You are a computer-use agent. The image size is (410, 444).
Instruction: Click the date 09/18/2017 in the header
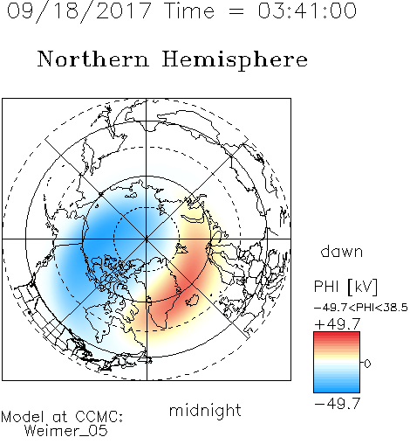[79, 11]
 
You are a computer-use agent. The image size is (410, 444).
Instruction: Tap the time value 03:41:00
[307, 10]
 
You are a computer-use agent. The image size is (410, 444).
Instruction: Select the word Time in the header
[189, 10]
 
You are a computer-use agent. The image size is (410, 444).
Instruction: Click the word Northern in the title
[93, 59]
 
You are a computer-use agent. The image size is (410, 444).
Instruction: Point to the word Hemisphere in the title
[235, 59]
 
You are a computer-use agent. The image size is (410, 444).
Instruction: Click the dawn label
[342, 251]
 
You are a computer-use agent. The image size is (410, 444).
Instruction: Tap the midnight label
[205, 410]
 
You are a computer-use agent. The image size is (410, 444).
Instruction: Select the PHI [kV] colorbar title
[345, 287]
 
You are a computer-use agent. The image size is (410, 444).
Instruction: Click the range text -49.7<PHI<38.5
[361, 308]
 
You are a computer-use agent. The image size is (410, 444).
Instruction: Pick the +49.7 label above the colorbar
[338, 324]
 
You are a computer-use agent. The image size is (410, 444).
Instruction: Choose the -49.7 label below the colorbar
[338, 404]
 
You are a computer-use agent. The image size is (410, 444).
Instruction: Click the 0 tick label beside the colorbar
[367, 364]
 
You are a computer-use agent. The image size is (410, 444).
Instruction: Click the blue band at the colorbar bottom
[337, 389]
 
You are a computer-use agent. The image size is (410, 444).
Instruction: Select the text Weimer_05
[66, 431]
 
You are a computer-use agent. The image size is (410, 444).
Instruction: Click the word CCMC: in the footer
[99, 417]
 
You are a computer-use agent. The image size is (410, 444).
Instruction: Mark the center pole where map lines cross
[147, 239]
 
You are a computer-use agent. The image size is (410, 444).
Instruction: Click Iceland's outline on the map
[192, 300]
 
